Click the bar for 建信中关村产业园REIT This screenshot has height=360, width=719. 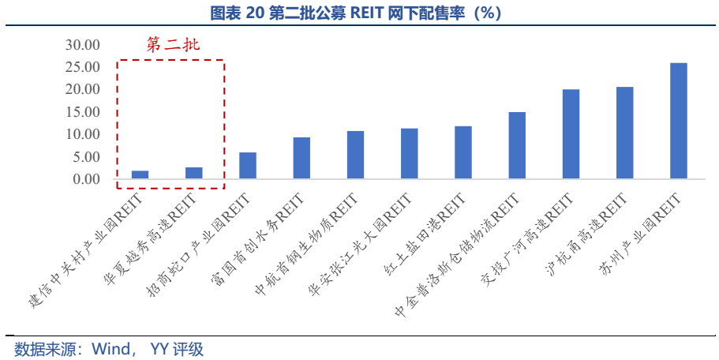140,174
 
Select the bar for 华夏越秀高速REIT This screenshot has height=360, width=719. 193,173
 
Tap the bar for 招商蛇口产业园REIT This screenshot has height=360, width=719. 247,166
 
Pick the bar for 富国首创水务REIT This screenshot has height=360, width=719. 301,158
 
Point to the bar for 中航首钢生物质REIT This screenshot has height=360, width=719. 355,155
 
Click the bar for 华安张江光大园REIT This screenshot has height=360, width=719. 409,154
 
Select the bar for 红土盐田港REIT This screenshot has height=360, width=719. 463,152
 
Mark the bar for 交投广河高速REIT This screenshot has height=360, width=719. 571,134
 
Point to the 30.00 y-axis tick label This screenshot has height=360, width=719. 83,45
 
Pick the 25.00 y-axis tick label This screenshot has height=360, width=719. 83,67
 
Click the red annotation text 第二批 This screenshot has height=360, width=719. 173,45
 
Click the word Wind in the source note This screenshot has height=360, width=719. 111,349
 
